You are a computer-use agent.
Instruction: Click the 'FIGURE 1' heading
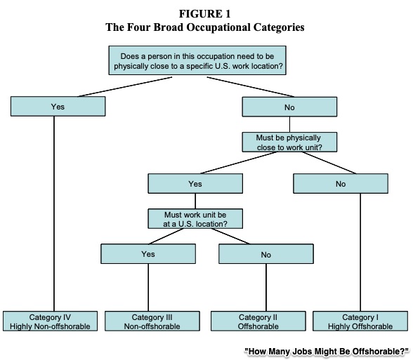tap(204, 14)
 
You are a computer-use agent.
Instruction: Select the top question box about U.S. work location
tap(197, 60)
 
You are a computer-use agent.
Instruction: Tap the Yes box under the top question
tap(58, 107)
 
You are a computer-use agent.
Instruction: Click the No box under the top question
tap(289, 107)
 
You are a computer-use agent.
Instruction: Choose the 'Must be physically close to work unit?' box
tap(289, 142)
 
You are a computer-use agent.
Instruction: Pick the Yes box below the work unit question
tap(195, 183)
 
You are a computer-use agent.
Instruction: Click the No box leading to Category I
tap(341, 183)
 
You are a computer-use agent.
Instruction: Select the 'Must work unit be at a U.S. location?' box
tap(195, 219)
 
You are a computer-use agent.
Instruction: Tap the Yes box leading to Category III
tap(148, 254)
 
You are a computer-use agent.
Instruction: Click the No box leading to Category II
tap(266, 254)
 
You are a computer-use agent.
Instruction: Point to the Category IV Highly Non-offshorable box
tap(50, 321)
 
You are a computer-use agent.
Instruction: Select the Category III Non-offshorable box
tap(152, 321)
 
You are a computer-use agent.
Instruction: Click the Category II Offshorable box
tap(258, 321)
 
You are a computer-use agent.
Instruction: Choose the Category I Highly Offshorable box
tap(360, 321)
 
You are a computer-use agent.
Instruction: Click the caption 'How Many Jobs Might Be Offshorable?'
tap(327, 352)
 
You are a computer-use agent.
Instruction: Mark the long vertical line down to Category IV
tap(54, 213)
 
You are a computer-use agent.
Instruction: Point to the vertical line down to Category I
tap(360, 253)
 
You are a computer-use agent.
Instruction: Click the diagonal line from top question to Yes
tap(125, 87)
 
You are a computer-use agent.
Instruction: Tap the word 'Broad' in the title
tap(169, 27)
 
